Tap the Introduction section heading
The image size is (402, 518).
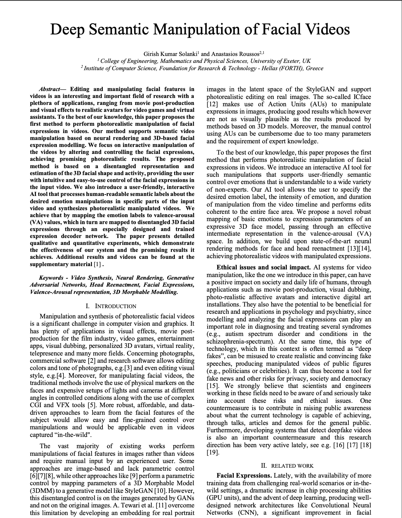tap(115, 306)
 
